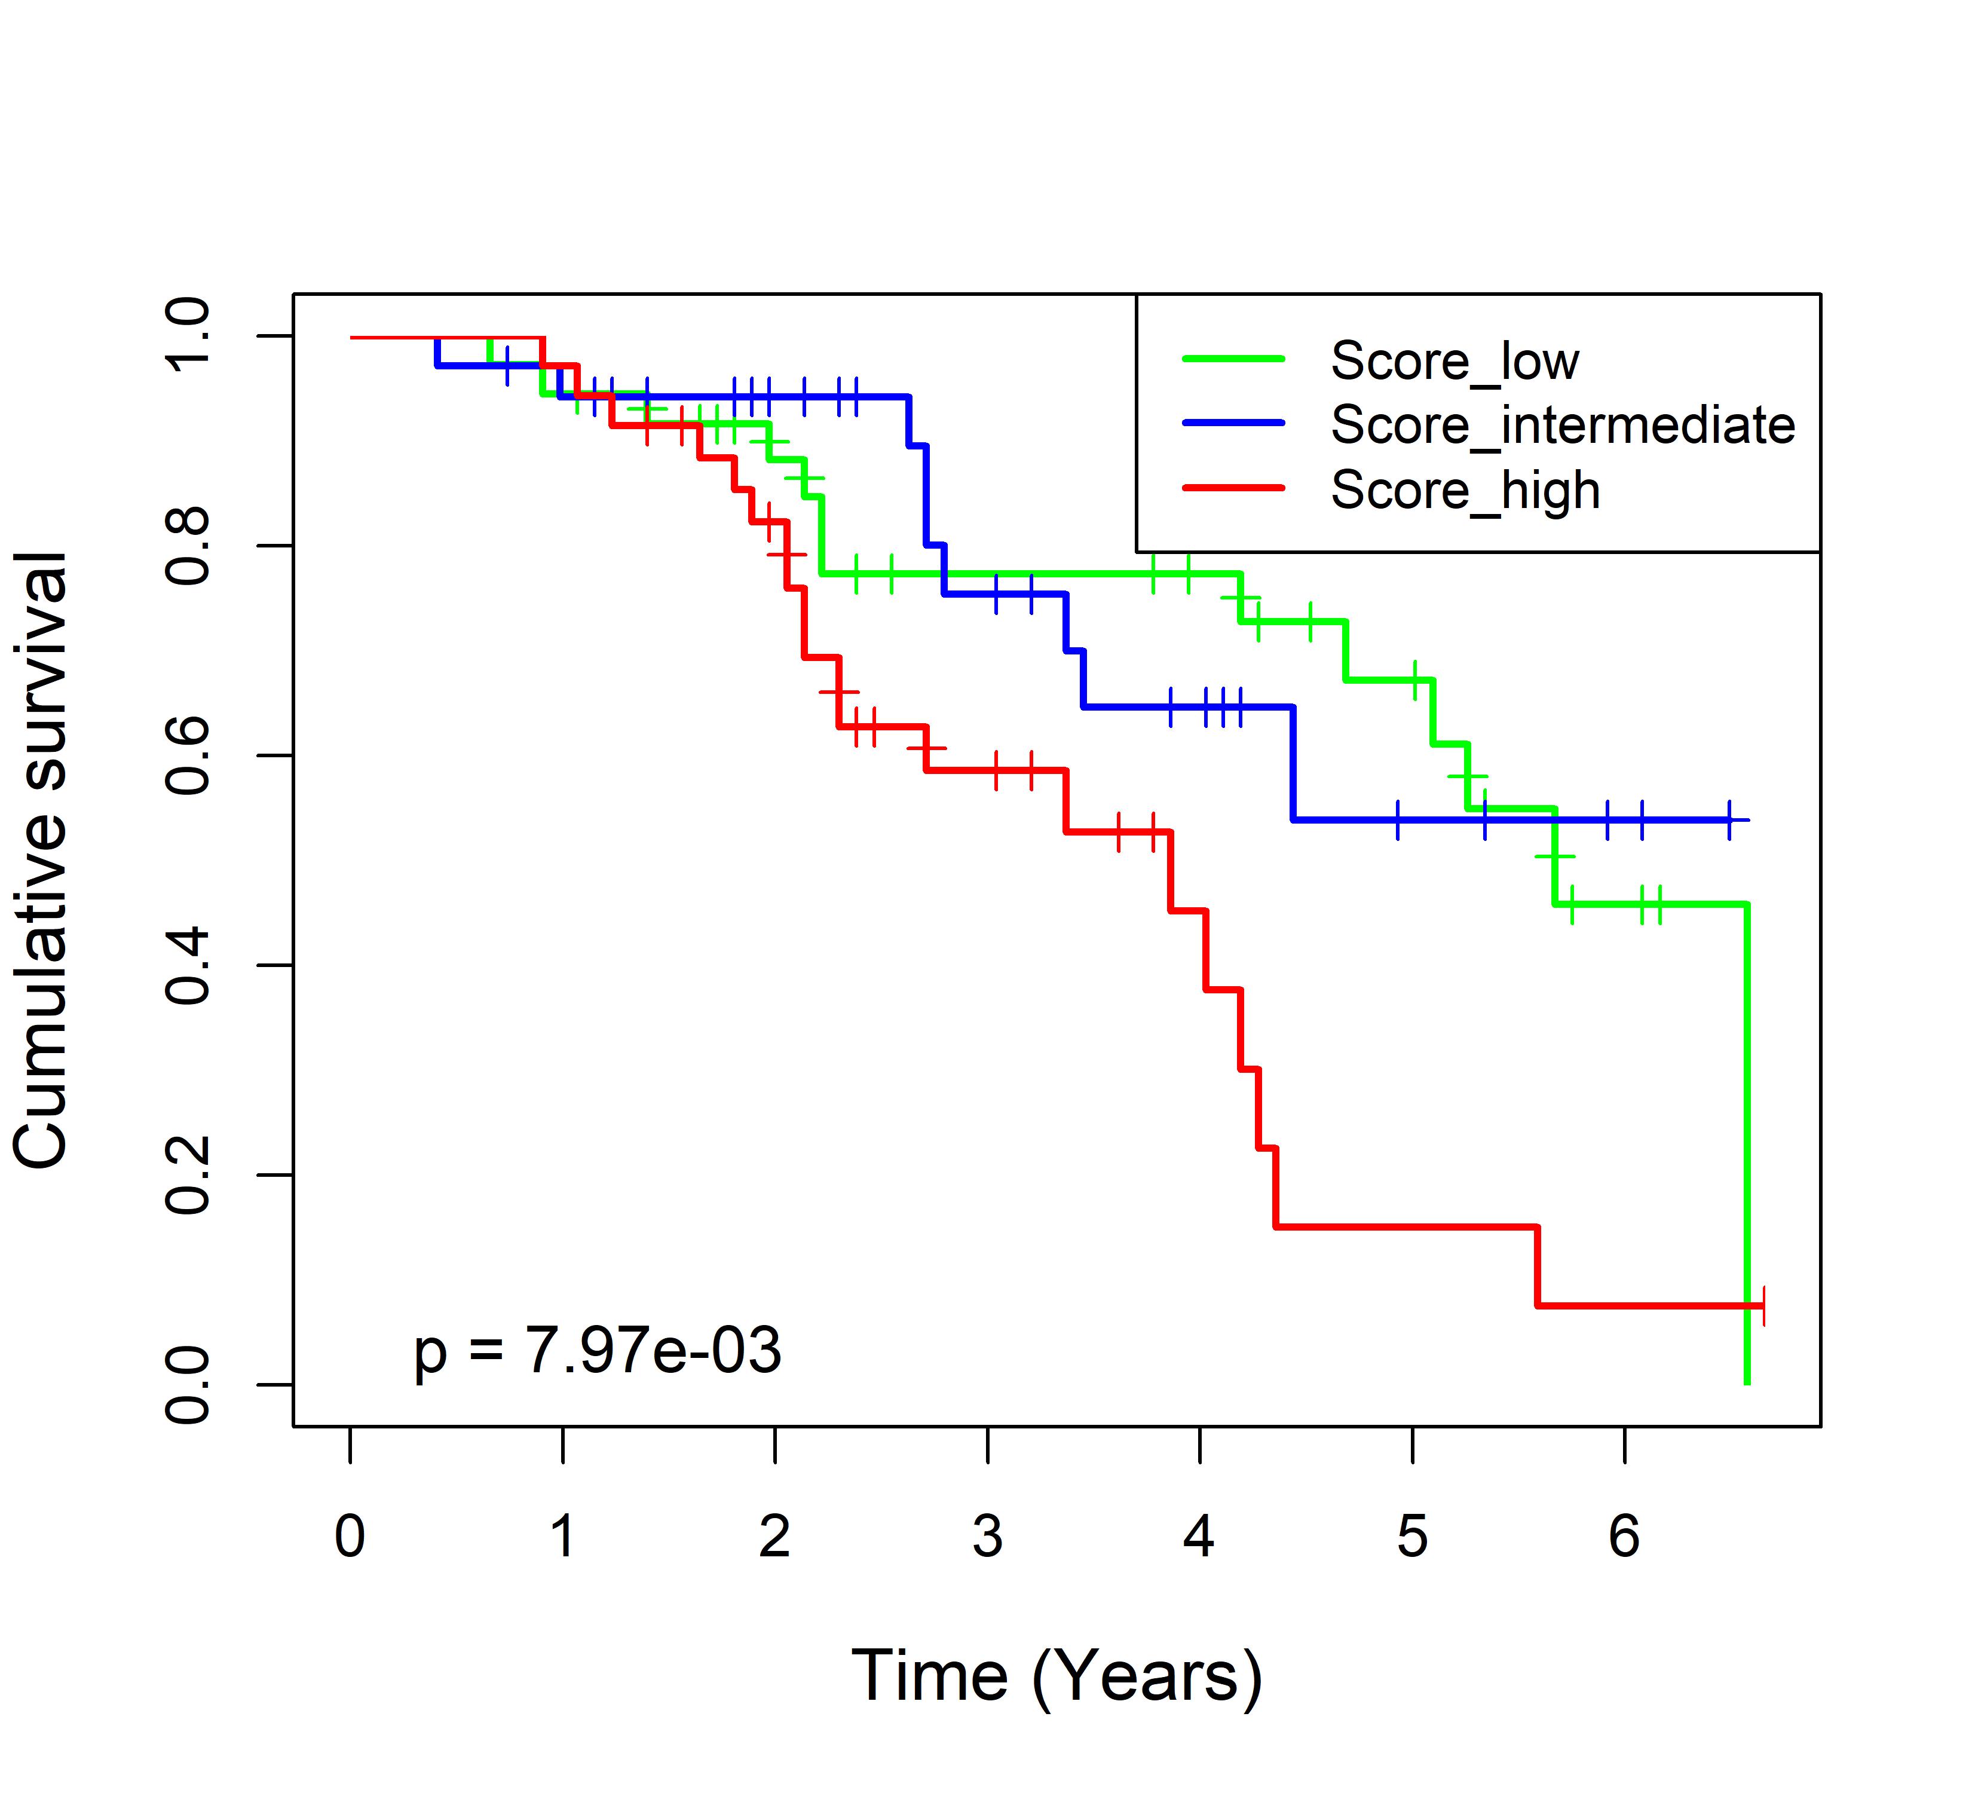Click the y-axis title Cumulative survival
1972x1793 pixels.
[41, 860]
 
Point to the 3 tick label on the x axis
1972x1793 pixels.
[987, 1537]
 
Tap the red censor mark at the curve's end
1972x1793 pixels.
[1763, 1306]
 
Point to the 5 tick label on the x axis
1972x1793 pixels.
[1411, 1537]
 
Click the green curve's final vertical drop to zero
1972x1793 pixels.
[1747, 1145]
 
